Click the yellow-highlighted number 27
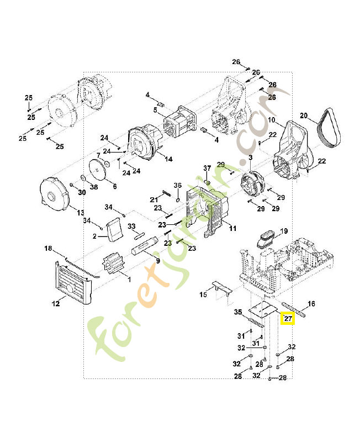coord(288,319)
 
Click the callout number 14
coord(168,159)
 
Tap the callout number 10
coord(272,120)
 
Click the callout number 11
coord(232,228)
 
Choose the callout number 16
coord(311,304)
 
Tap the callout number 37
coord(207,167)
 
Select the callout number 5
coord(156,109)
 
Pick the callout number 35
coord(238,312)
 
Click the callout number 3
coord(250,158)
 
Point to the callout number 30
coord(82,192)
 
